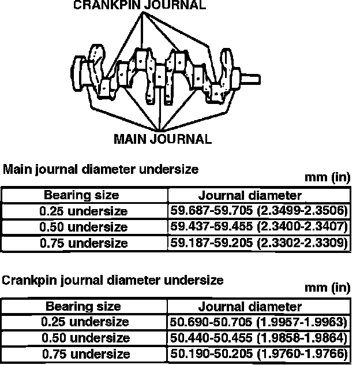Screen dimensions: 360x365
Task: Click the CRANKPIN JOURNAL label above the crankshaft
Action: [139, 6]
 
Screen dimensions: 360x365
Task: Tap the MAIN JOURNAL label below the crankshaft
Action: [163, 139]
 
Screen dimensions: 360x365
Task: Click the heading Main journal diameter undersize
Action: [101, 170]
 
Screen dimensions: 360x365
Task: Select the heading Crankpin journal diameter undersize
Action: [112, 281]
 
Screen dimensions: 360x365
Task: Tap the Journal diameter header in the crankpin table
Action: [250, 306]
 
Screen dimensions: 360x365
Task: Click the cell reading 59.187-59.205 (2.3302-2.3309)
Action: [258, 243]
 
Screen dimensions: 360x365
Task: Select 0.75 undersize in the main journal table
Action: [84, 243]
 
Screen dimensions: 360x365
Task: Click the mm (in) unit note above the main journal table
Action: [328, 178]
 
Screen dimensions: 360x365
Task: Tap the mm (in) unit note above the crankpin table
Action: [328, 288]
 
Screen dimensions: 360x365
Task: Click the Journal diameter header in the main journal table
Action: [250, 195]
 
